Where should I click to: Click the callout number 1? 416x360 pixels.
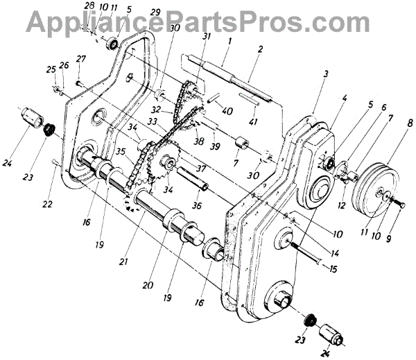coord(227,42)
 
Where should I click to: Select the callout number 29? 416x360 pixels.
coord(154,12)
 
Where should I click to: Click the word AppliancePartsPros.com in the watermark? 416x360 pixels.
coord(207,22)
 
